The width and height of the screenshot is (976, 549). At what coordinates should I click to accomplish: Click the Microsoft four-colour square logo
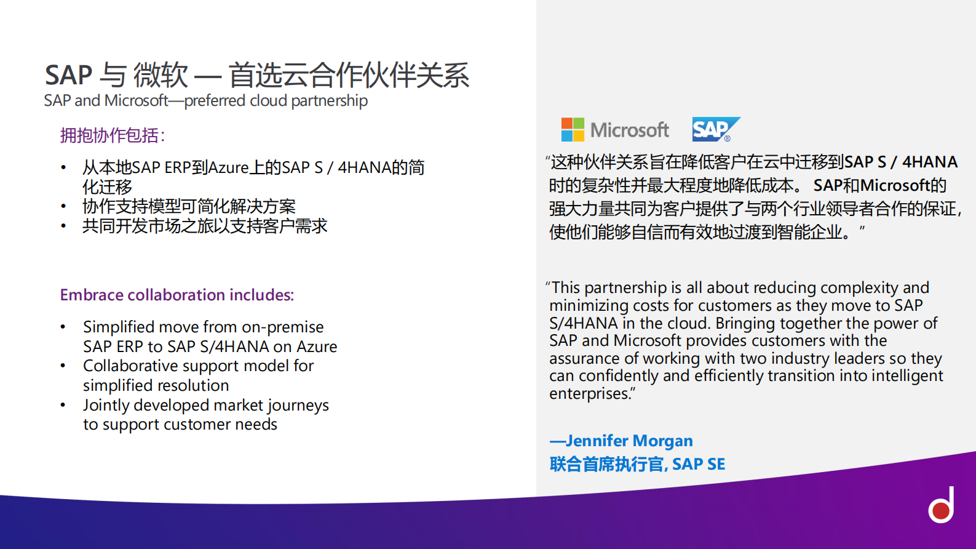573,130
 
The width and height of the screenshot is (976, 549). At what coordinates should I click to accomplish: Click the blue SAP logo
715,129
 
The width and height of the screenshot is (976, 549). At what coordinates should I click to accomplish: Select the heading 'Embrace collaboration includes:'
177,295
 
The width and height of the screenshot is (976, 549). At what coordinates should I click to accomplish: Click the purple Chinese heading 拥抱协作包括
112,135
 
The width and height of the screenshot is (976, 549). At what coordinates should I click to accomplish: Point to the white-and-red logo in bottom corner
942,505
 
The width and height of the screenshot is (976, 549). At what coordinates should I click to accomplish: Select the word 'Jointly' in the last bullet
106,405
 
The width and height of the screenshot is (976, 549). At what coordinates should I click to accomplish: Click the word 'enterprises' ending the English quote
589,393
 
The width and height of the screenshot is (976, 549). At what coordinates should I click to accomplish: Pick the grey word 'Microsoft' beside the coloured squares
629,130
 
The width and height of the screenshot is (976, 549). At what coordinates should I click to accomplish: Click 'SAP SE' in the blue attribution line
699,464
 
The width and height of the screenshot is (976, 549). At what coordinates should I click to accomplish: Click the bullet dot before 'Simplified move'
63,327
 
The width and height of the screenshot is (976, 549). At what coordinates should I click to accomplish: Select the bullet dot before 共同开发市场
63,226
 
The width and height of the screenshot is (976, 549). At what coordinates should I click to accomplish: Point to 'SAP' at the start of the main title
68,75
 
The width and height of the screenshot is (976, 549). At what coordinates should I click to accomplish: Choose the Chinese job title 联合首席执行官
606,464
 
